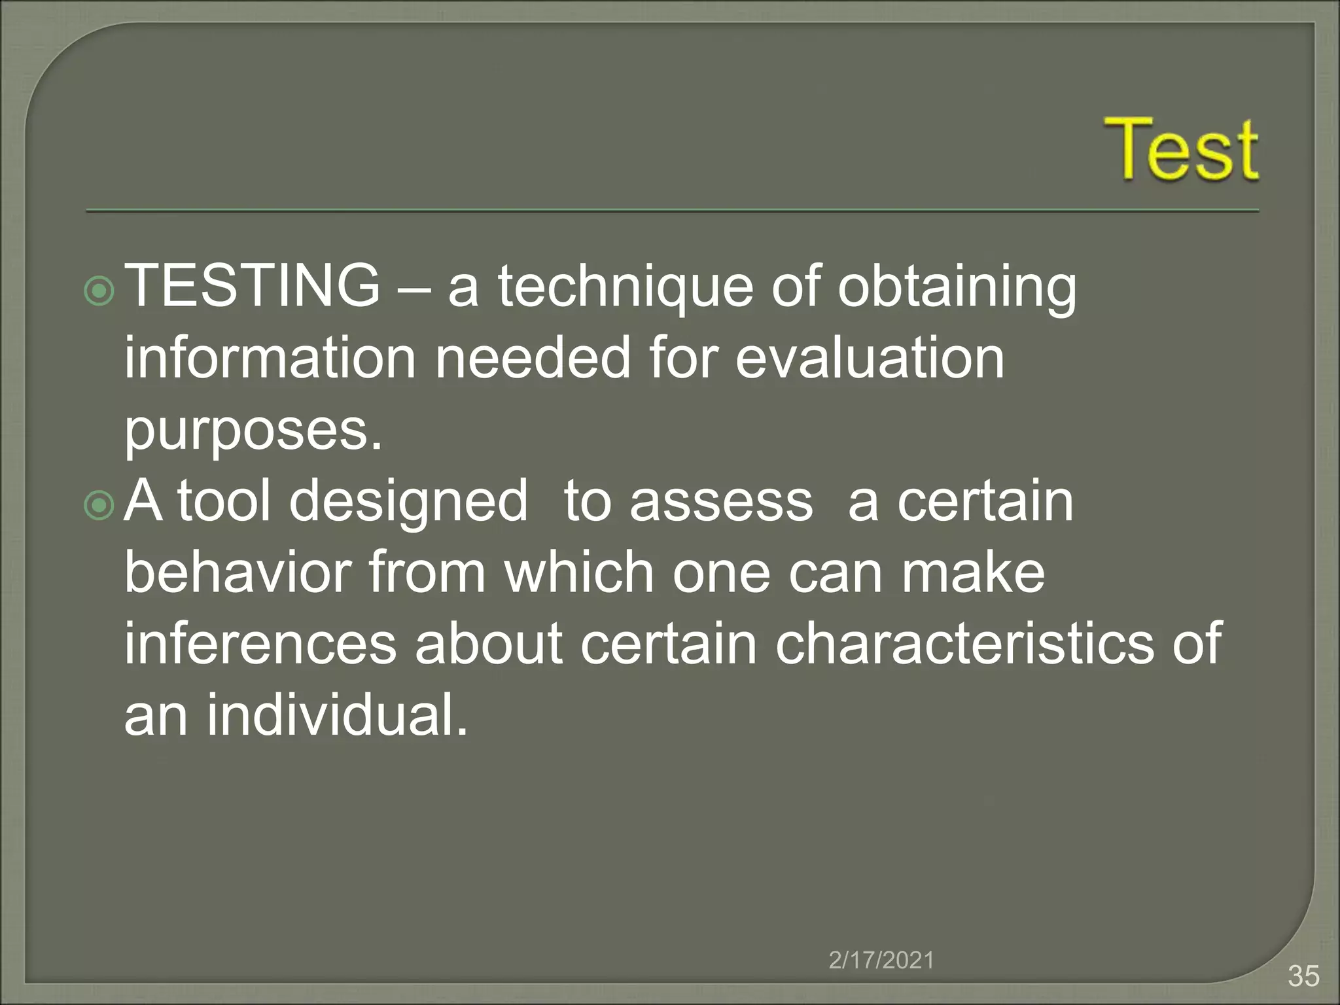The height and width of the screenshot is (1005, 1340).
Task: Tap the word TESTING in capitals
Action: [252, 285]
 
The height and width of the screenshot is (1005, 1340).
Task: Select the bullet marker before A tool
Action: [99, 506]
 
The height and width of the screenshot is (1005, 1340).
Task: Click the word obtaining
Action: [957, 288]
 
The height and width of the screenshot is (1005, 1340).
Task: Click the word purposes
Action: [253, 432]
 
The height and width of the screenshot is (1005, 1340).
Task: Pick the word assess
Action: [721, 502]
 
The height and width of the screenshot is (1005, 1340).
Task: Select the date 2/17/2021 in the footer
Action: [881, 960]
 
